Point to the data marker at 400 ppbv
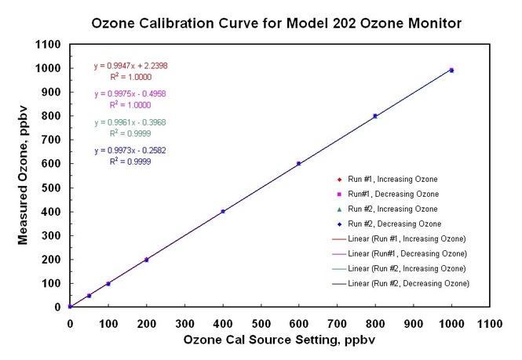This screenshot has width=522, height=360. tap(223, 211)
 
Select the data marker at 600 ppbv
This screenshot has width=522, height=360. tap(299, 163)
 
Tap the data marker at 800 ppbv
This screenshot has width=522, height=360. tap(375, 116)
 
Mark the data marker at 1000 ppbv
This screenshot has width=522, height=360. tap(451, 70)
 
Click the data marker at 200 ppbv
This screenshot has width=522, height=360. tap(147, 259)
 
